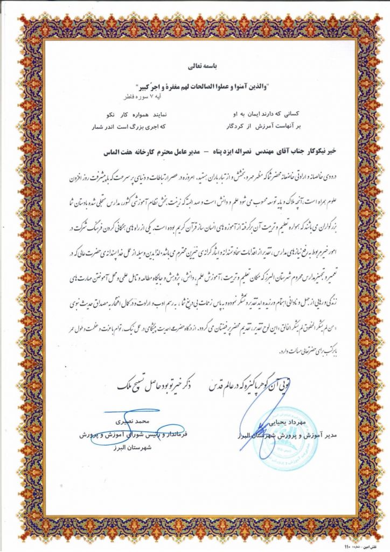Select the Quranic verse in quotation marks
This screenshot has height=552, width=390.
click(x=196, y=86)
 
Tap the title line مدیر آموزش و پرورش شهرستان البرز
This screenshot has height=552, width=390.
click(x=280, y=435)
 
